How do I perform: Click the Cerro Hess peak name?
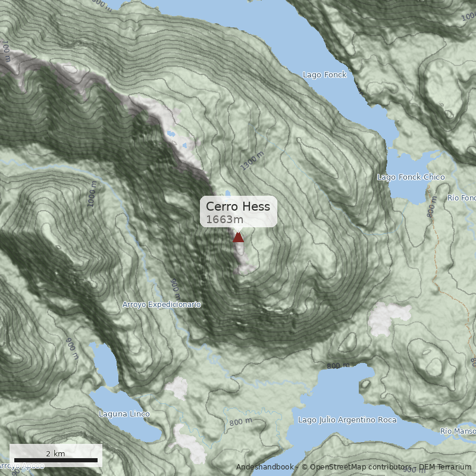[x=238, y=206]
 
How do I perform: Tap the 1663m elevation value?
[x=225, y=220]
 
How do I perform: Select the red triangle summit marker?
[x=238, y=237]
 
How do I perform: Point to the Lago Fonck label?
[x=324, y=75]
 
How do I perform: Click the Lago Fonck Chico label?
[x=407, y=177]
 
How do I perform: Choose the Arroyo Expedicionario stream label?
[x=161, y=305]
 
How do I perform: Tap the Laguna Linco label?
[x=124, y=414]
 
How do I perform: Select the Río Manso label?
[x=458, y=431]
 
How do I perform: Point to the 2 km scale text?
[x=55, y=453]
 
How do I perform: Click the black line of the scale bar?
[x=55, y=461]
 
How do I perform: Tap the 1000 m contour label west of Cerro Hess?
[x=92, y=194]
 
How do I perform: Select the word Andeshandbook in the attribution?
[x=264, y=467]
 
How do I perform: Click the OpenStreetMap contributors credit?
[x=357, y=467]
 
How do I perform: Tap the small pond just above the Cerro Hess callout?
[x=227, y=193]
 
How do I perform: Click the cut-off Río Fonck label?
[x=462, y=198]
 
